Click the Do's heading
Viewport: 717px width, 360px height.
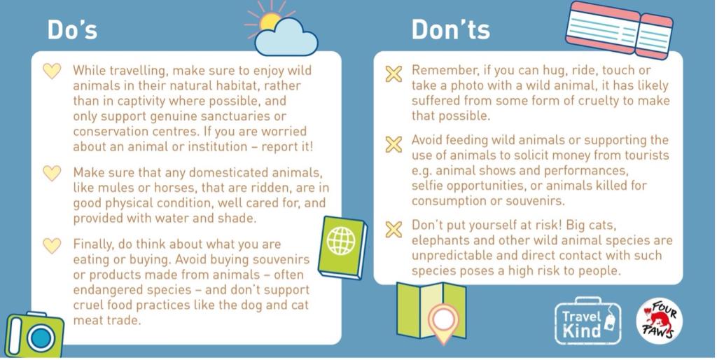point(72,29)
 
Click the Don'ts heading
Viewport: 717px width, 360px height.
point(450,29)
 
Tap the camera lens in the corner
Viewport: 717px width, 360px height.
point(41,338)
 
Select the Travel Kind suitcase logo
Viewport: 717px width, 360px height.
point(587,322)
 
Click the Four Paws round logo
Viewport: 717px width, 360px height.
point(659,321)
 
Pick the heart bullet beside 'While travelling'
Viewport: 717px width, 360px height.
point(52,71)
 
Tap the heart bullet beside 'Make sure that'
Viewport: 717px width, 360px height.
point(52,173)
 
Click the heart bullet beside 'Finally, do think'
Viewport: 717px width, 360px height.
point(52,245)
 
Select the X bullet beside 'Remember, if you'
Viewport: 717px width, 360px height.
point(394,73)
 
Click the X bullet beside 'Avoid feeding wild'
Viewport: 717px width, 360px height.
point(394,145)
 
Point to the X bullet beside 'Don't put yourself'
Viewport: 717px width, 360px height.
point(394,229)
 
